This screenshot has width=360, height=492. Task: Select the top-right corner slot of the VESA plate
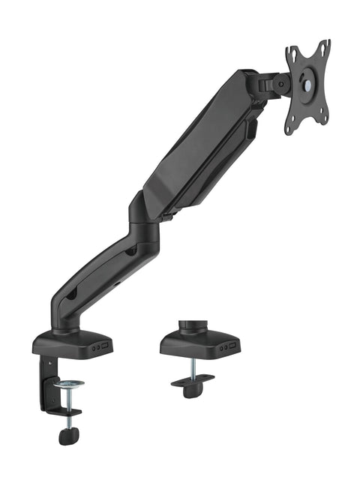click(324, 46)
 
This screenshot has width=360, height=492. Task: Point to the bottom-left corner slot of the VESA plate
click(292, 127)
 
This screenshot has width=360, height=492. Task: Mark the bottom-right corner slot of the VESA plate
click(325, 118)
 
